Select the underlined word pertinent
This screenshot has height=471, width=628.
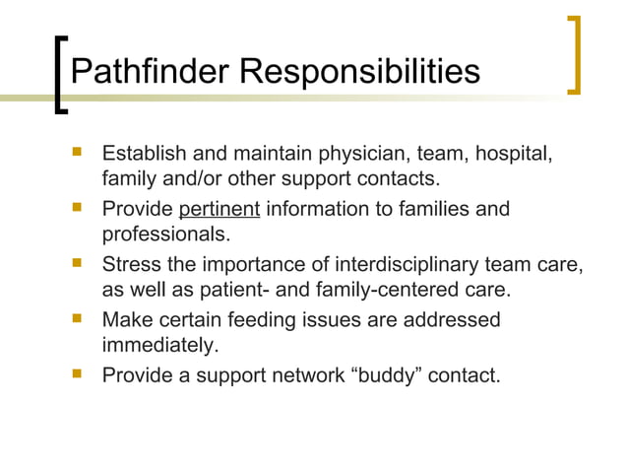pos(219,209)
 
